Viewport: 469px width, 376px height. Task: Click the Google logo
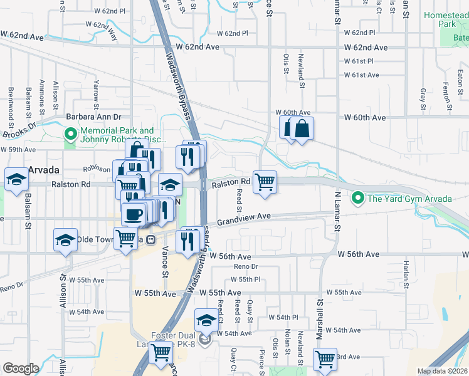[x=21, y=368]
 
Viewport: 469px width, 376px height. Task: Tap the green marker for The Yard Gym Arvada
[x=358, y=199]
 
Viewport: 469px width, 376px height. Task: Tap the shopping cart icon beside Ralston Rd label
[x=265, y=182]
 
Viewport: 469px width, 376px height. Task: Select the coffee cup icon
[x=132, y=216]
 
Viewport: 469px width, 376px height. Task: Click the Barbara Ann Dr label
[x=93, y=117]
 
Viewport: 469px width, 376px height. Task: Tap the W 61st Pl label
[x=359, y=61]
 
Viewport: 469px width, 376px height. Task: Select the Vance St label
[x=166, y=263]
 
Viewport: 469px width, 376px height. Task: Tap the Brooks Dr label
[x=19, y=129]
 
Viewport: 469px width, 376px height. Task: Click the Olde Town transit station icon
[x=150, y=239]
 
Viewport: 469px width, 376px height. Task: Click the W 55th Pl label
[x=249, y=279]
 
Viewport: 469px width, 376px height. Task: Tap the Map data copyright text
[x=441, y=371]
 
